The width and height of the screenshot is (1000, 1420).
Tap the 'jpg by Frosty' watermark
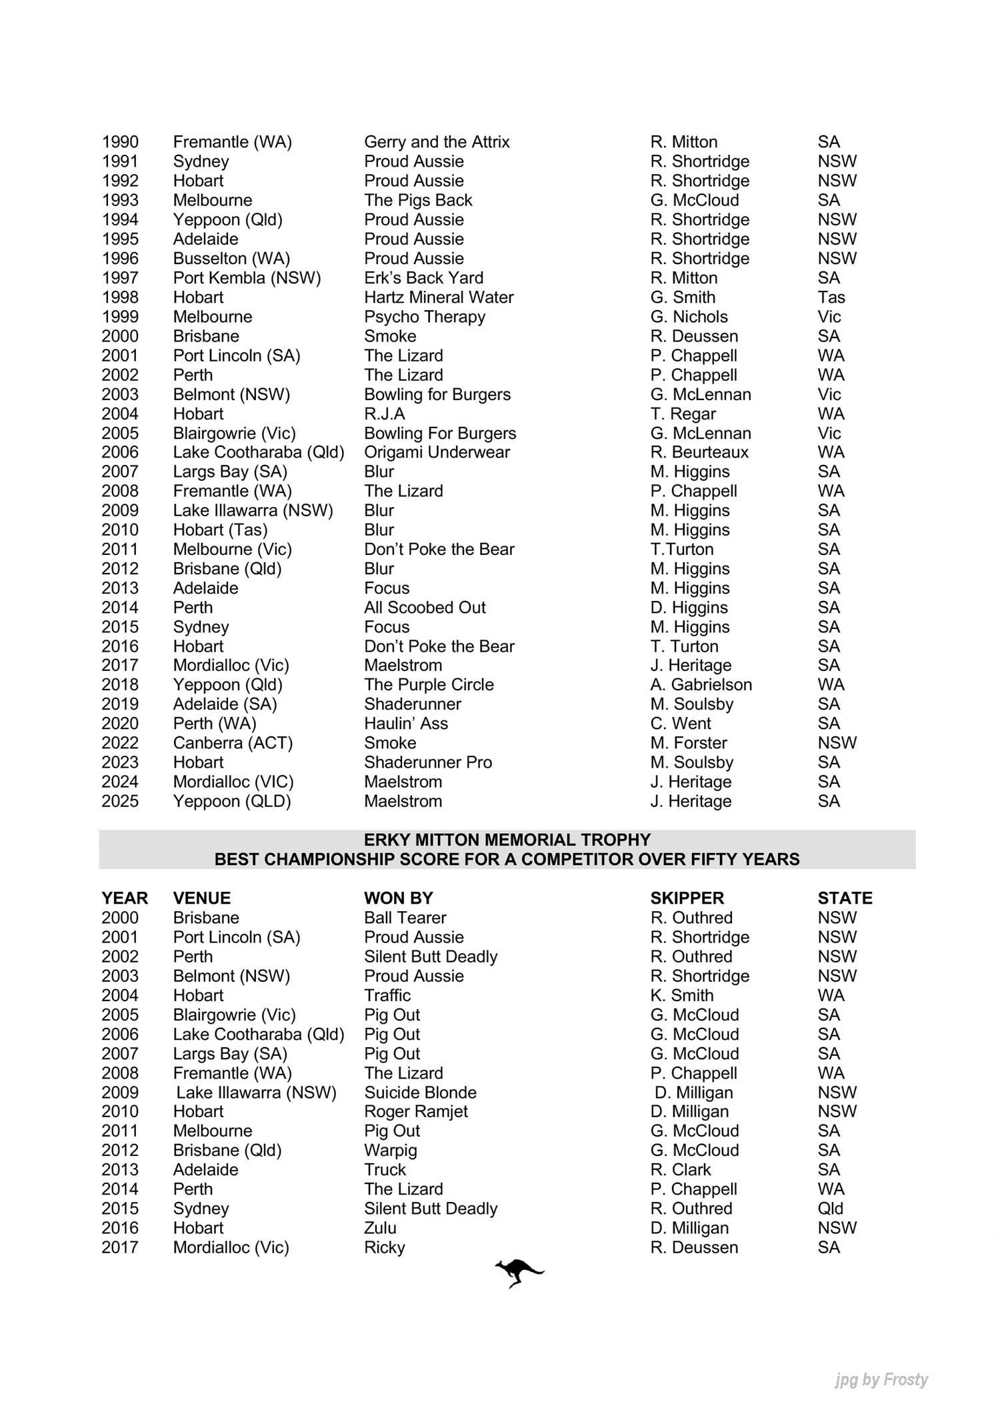point(881,1379)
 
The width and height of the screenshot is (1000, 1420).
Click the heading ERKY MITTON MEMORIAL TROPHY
point(507,840)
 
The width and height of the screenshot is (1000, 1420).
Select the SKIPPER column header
point(687,898)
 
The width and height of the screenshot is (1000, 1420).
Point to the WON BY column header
point(398,898)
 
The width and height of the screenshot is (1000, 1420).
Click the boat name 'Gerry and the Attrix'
point(437,142)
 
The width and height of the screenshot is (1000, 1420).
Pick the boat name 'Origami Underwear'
point(437,452)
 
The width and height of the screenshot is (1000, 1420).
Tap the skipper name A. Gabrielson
point(701,684)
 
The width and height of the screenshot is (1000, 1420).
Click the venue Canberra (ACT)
point(233,742)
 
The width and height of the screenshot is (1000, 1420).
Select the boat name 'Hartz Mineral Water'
point(439,297)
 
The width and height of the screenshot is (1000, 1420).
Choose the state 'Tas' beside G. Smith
point(831,297)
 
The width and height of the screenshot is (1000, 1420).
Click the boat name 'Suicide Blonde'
point(420,1093)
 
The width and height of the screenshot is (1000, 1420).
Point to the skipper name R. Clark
point(681,1170)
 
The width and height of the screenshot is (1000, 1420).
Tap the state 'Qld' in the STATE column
point(831,1209)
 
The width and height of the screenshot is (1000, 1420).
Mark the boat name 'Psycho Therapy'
point(425,317)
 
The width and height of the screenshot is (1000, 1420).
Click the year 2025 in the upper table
point(120,801)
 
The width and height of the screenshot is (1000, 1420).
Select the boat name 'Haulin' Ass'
point(406,723)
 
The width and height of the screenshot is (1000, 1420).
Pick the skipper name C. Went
point(681,723)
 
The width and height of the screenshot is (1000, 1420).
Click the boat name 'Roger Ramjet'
point(416,1112)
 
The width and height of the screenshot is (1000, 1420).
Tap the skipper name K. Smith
point(682,995)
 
